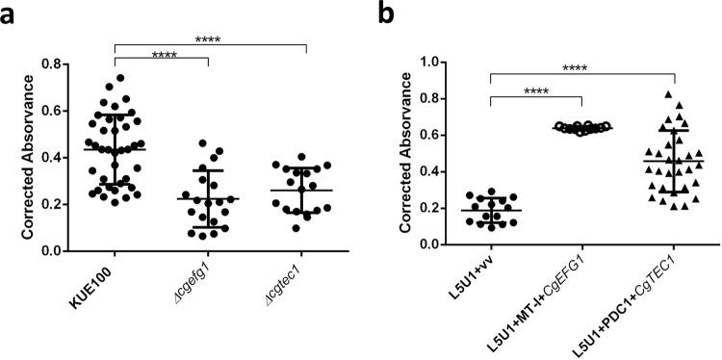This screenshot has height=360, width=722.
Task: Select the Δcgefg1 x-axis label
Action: (193, 286)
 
